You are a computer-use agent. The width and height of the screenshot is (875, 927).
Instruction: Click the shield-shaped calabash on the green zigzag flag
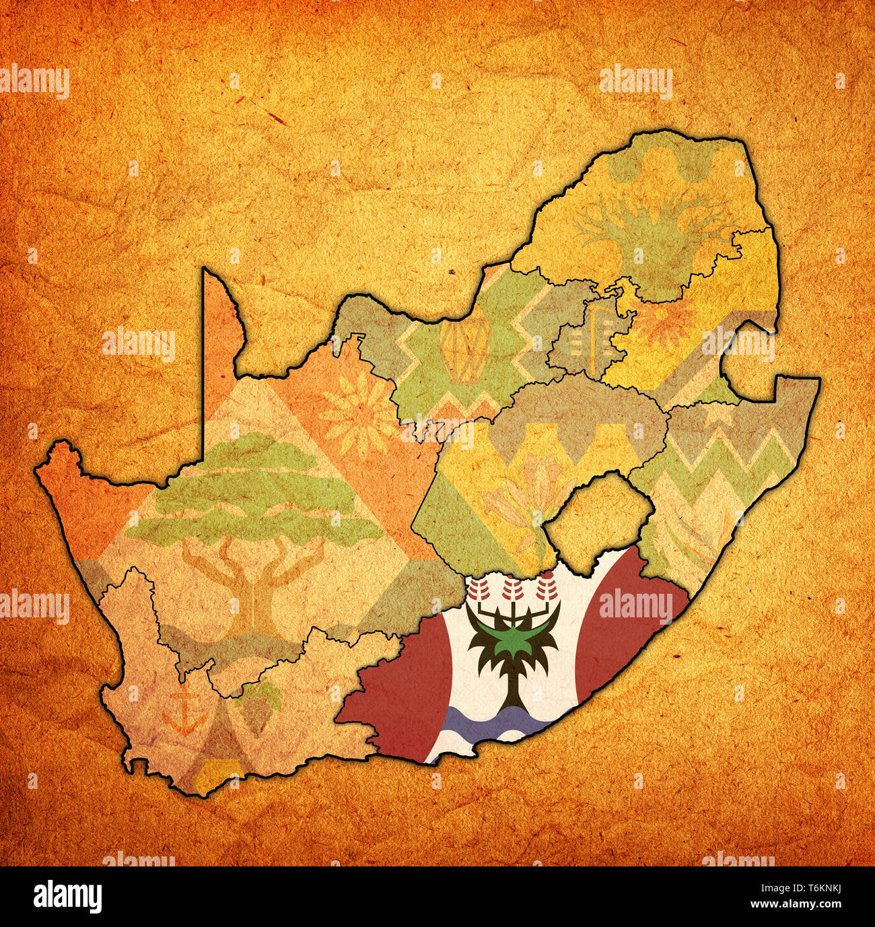pyautogui.click(x=464, y=348)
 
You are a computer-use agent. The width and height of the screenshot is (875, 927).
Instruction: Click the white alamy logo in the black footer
pyautogui.click(x=67, y=897)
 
